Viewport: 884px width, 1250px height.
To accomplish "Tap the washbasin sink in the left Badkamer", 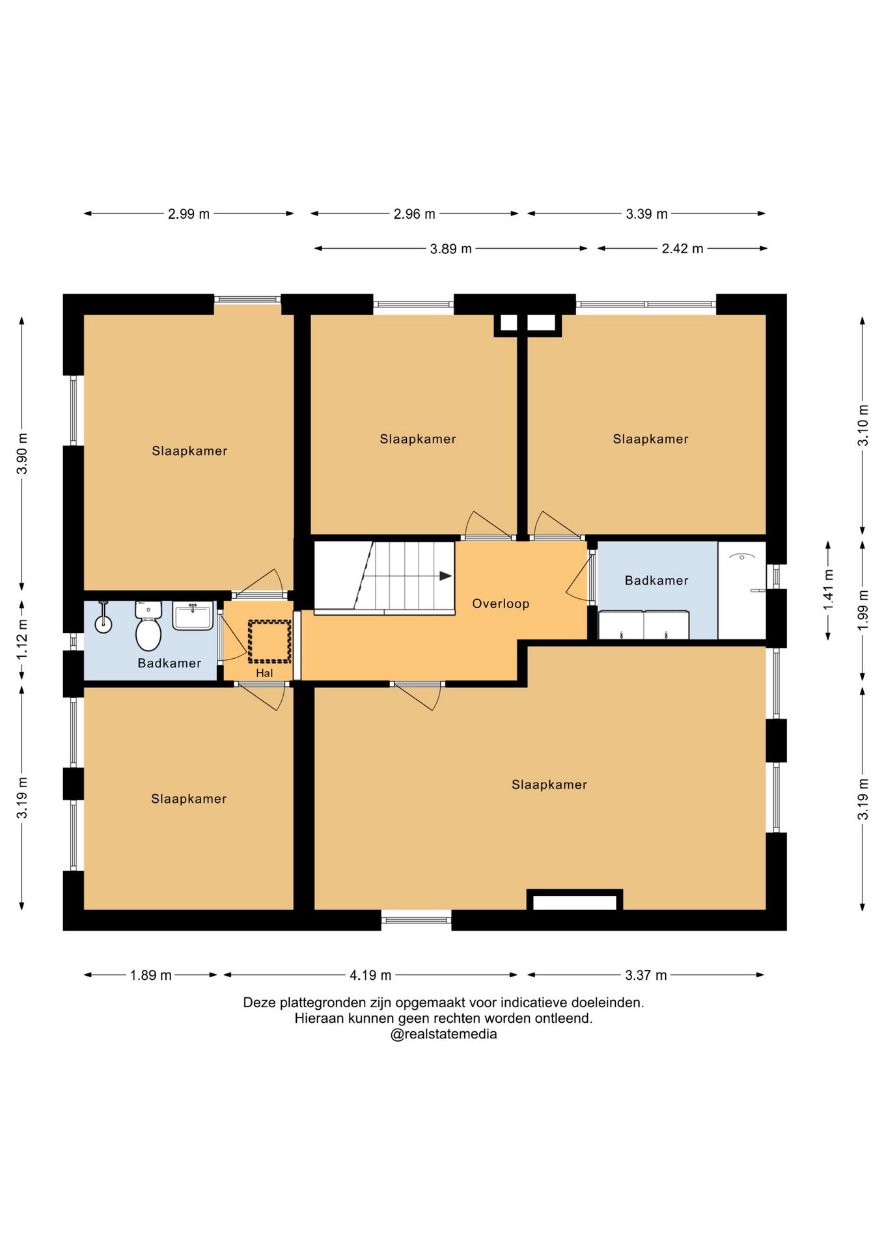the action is pyautogui.click(x=193, y=615).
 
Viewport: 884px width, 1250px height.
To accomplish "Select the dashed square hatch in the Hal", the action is pyautogui.click(x=269, y=641).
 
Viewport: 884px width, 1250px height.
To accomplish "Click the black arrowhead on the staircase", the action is pyautogui.click(x=446, y=576).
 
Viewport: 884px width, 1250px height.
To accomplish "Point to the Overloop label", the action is pyautogui.click(x=501, y=604).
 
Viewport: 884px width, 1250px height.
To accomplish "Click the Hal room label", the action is pyautogui.click(x=264, y=673).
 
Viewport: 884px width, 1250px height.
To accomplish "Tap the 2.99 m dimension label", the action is pyautogui.click(x=189, y=214).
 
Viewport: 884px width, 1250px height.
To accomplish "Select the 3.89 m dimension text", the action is pyautogui.click(x=450, y=249).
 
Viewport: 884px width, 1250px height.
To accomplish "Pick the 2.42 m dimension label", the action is pyautogui.click(x=682, y=249).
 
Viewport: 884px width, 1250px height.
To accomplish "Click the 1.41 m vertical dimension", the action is pyautogui.click(x=828, y=590).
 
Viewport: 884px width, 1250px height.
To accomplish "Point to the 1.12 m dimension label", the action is pyautogui.click(x=22, y=639).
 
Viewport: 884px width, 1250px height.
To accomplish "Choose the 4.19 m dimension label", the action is pyautogui.click(x=370, y=975).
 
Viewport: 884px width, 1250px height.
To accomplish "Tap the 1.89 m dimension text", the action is pyautogui.click(x=150, y=975).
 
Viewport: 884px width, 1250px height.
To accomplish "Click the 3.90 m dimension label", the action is pyautogui.click(x=22, y=453).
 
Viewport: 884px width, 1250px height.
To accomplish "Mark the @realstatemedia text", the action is pyautogui.click(x=443, y=1034).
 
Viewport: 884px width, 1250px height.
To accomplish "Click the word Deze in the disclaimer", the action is pyautogui.click(x=259, y=1003).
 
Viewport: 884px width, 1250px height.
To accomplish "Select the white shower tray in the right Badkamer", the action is pyautogui.click(x=742, y=590).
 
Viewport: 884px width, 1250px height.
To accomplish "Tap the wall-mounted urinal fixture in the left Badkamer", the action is pyautogui.click(x=103, y=617).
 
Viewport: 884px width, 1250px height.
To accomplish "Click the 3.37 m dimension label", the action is pyautogui.click(x=646, y=975).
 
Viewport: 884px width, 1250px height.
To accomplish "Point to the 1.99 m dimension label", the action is pyautogui.click(x=863, y=609).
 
